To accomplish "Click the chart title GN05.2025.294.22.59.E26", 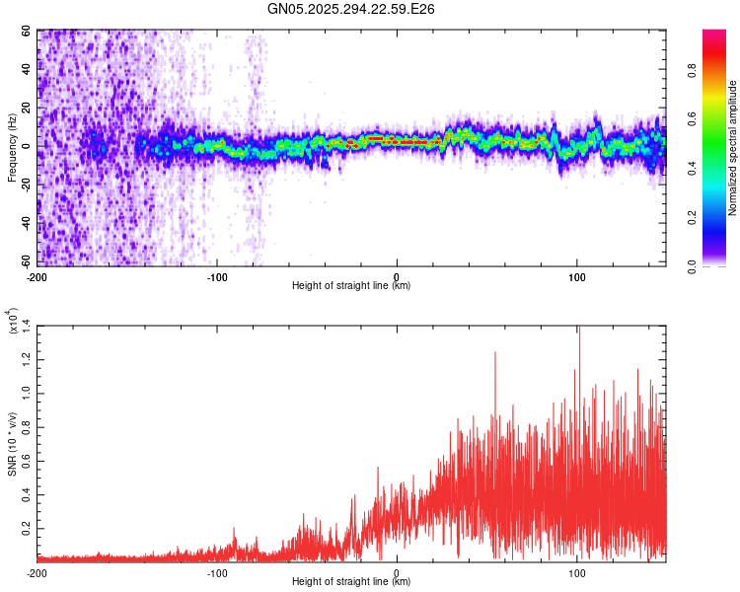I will [351, 9].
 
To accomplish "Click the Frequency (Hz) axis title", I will [12, 149].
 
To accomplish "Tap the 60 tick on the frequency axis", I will [27, 31].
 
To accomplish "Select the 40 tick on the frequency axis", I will [27, 70].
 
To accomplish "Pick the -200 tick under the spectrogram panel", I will [37, 276].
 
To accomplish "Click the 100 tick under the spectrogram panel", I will [576, 276].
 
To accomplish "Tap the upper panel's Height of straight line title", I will [351, 286].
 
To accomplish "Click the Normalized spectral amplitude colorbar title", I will [733, 148].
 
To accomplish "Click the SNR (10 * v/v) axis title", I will [12, 444].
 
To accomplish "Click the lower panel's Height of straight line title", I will [351, 582].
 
